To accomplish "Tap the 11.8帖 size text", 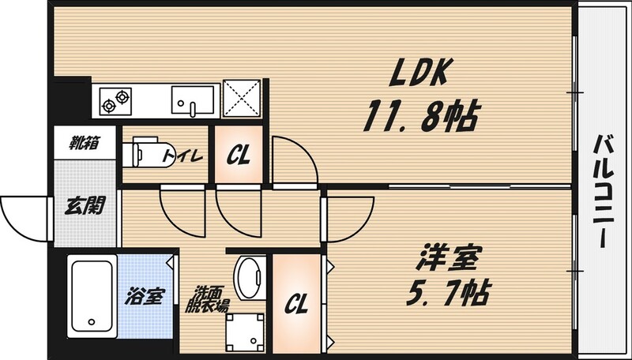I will pyautogui.click(x=419, y=118).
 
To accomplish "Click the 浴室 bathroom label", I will pyautogui.click(x=145, y=297).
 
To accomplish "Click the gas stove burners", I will pyautogui.click(x=115, y=99).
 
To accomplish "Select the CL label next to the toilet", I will pyautogui.click(x=238, y=156).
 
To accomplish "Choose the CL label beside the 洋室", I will pyautogui.click(x=297, y=302).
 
